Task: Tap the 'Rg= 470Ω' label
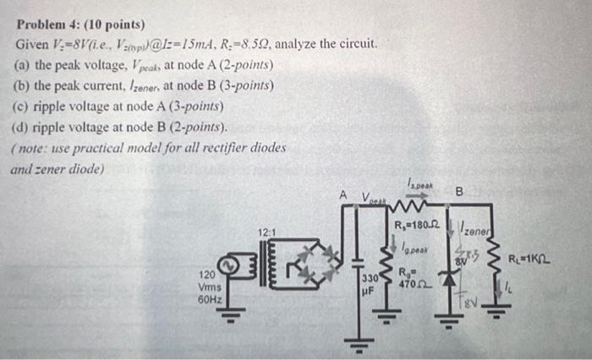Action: (x=414, y=279)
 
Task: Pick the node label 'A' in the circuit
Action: (x=343, y=195)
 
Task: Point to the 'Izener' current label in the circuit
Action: (x=475, y=230)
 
